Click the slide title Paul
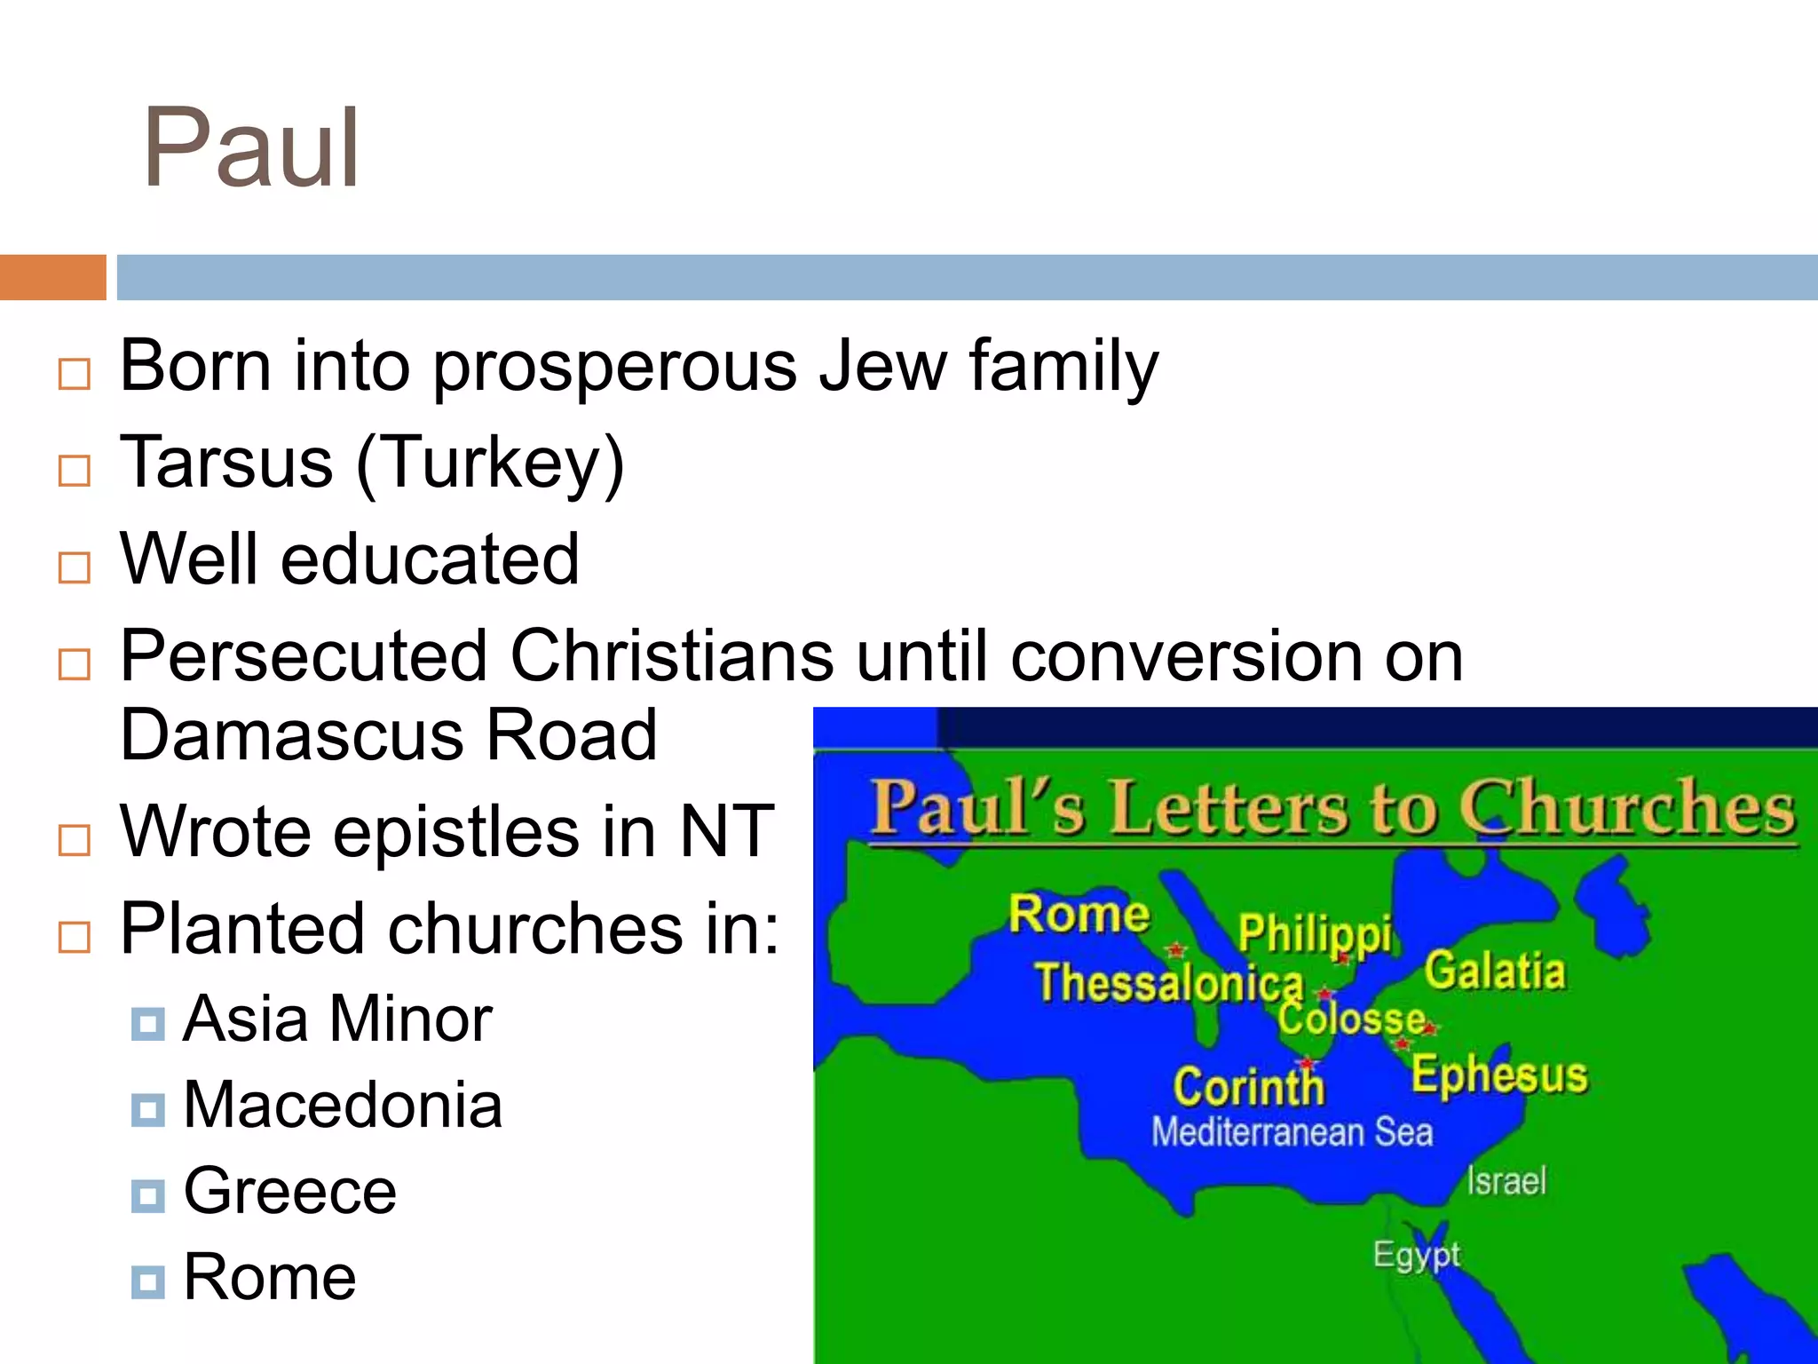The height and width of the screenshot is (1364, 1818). pos(251,149)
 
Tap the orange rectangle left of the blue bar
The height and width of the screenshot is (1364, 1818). pos(52,277)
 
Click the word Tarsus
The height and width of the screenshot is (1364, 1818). pos(226,463)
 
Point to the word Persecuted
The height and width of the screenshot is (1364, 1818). pos(304,656)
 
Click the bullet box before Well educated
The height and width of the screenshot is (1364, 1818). pos(75,567)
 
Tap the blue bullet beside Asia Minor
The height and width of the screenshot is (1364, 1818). pos(147,1023)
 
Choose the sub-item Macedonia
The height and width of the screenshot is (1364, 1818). pos(343,1105)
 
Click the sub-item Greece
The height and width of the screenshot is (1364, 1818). pos(289,1191)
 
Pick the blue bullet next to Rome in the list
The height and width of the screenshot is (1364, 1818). pos(147,1281)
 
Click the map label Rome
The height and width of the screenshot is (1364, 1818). pos(1079,914)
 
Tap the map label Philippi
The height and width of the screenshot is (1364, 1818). pos(1315,933)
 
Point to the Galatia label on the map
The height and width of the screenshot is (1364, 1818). pos(1495,971)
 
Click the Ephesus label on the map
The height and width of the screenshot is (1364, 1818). pos(1499,1075)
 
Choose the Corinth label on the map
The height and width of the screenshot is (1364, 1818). pos(1248,1086)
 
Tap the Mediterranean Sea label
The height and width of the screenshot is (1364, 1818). pos(1292,1132)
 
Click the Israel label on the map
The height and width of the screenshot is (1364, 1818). pos(1506,1181)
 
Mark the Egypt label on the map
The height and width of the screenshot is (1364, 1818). pos(1416,1255)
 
